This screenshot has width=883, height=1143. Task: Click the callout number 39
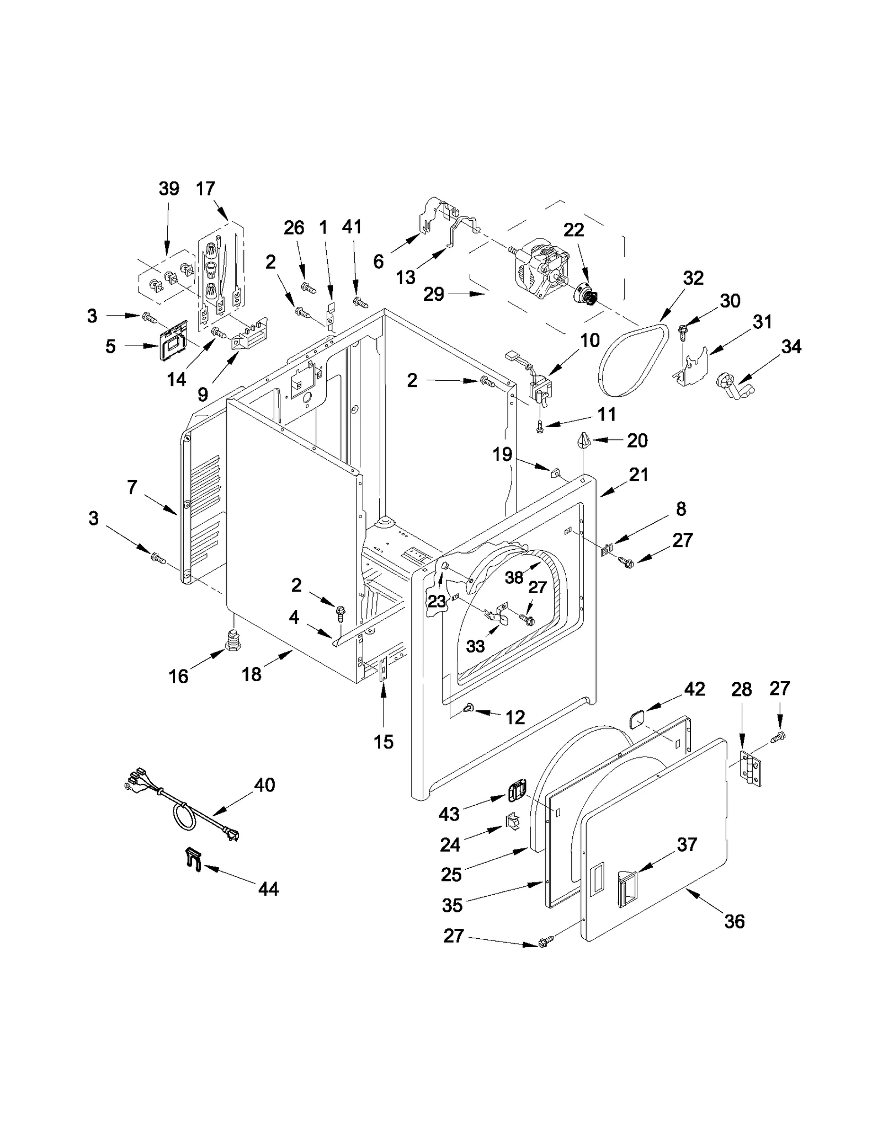[x=169, y=189]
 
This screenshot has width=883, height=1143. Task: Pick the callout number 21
[x=639, y=475]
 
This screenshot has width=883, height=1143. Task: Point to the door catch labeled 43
[x=515, y=794]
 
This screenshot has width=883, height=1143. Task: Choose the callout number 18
[x=252, y=674]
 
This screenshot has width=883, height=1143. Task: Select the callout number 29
[x=434, y=294]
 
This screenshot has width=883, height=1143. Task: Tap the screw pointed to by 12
[x=470, y=707]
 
